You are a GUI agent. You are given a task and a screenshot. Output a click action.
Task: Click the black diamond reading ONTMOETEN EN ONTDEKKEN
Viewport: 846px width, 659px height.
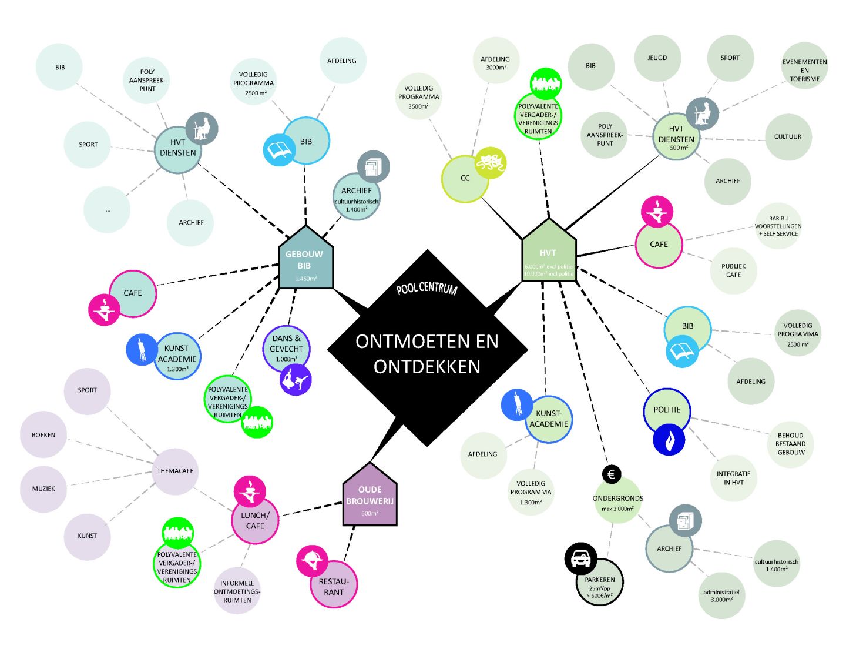pyautogui.click(x=427, y=353)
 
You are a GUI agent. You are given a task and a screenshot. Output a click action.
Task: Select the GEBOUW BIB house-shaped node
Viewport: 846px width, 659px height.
pyautogui.click(x=305, y=262)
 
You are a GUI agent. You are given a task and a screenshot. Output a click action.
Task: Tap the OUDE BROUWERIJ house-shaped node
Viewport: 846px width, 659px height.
pyautogui.click(x=370, y=498)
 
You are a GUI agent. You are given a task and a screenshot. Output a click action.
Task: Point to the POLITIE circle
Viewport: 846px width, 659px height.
pyautogui.click(x=667, y=410)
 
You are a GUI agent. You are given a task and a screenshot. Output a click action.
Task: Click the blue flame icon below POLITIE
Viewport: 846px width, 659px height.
pyautogui.click(x=669, y=439)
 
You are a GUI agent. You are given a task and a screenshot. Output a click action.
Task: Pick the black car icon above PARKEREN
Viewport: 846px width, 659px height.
pyautogui.click(x=580, y=558)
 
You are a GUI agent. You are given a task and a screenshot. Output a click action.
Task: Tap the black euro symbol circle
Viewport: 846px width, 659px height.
pyautogui.click(x=611, y=474)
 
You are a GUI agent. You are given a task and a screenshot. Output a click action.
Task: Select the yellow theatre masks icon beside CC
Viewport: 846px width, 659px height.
pyautogui.click(x=490, y=163)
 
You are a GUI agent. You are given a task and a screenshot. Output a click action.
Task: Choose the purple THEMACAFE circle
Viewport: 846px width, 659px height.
pyautogui.click(x=175, y=471)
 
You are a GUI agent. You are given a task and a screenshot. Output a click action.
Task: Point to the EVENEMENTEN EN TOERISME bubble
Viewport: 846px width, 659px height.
pyautogui.click(x=804, y=70)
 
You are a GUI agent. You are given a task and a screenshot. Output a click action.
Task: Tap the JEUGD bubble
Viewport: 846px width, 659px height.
pyautogui.click(x=657, y=58)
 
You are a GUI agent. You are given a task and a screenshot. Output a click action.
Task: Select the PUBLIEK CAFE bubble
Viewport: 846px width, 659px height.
pyautogui.click(x=733, y=270)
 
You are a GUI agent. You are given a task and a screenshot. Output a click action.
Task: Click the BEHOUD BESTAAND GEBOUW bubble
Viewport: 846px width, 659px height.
pyautogui.click(x=790, y=444)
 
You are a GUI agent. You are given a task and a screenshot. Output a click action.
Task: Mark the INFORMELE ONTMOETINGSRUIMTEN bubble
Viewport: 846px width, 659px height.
pyautogui.click(x=237, y=591)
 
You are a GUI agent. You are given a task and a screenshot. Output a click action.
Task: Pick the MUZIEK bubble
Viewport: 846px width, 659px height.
pyautogui.click(x=43, y=489)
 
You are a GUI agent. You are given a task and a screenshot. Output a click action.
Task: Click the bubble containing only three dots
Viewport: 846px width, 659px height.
pyautogui.click(x=107, y=210)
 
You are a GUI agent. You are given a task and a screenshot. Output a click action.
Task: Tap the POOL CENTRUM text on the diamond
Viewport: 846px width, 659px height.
pyautogui.click(x=427, y=289)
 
